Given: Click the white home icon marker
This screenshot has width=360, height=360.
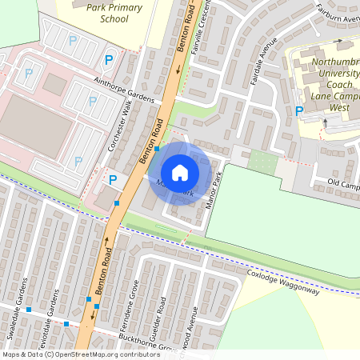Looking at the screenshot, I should [x=180, y=173].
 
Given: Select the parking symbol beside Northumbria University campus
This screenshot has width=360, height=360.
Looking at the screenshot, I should [x=299, y=111].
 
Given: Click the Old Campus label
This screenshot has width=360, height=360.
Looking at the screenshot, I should [x=343, y=185].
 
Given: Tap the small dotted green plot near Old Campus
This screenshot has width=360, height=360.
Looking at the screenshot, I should [x=262, y=162].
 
